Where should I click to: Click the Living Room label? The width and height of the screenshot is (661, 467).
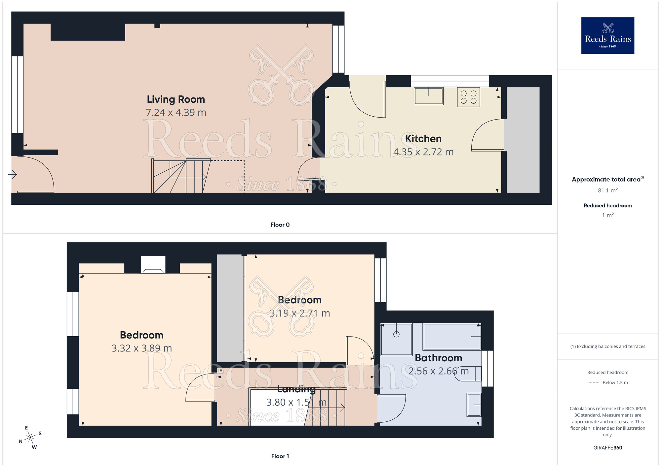click(x=176, y=99)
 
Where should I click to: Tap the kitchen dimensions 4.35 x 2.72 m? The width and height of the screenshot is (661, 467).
click(x=423, y=152)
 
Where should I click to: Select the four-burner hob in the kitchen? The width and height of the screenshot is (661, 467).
click(x=468, y=97)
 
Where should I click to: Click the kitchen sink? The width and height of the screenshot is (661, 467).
click(x=429, y=96)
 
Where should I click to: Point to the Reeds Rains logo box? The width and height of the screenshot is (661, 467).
click(x=607, y=36)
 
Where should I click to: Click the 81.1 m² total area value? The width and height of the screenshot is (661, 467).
click(x=607, y=191)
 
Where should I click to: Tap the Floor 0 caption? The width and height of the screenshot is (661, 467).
click(x=280, y=225)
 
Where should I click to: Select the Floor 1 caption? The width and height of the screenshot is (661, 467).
click(x=280, y=456)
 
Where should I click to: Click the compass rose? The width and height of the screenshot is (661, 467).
click(x=30, y=438)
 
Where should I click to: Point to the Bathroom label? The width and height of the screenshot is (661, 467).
click(x=438, y=358)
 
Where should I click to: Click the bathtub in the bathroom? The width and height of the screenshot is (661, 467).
click(x=452, y=337)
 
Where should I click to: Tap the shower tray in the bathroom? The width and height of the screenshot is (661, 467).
click(x=396, y=339)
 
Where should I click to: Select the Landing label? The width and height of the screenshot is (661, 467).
click(x=296, y=389)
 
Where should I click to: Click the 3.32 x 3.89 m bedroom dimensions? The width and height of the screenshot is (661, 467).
click(x=141, y=348)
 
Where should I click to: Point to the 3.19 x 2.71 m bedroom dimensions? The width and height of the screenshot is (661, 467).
click(x=299, y=313)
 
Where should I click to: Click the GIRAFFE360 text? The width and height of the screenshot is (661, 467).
click(x=607, y=448)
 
